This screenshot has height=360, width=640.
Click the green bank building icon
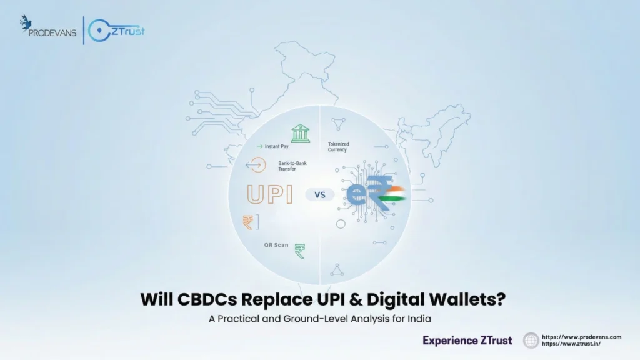point(300,132)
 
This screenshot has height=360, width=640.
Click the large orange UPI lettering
point(270,194)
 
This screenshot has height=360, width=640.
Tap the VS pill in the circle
point(319,194)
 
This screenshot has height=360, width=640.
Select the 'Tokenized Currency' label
point(339,147)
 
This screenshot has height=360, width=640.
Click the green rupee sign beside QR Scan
point(300,250)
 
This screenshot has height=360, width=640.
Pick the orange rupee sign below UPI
point(249,222)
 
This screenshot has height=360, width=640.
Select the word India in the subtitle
point(418,318)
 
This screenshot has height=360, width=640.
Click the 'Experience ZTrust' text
point(467,341)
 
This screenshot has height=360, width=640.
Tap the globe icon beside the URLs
point(531,341)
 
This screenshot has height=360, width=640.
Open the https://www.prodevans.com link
point(581,337)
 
